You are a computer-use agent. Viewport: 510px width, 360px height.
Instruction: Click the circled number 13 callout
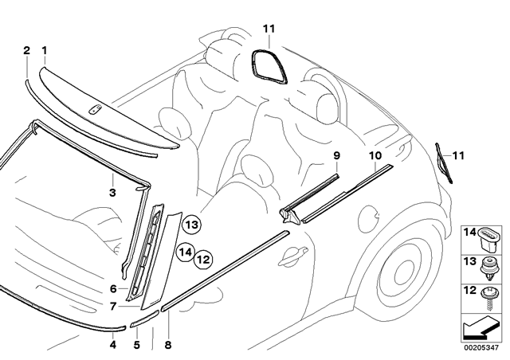(192, 225)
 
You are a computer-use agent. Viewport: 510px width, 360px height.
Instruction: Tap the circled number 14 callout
(186, 252)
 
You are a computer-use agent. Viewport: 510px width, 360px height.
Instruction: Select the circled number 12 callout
(203, 260)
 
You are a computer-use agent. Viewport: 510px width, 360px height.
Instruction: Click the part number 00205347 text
(481, 347)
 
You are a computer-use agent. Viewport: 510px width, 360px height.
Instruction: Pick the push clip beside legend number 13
(488, 268)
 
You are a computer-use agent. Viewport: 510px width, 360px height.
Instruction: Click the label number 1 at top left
(45, 50)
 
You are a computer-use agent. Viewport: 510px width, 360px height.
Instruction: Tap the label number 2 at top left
(26, 50)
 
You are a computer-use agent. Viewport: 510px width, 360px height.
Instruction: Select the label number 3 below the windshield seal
(112, 193)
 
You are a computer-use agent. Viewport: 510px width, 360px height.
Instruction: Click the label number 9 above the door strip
(336, 155)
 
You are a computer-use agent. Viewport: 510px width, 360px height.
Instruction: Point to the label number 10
(375, 155)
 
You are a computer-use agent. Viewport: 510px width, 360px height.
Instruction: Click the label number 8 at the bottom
(168, 345)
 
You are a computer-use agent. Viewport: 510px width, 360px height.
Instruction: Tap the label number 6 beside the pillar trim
(113, 288)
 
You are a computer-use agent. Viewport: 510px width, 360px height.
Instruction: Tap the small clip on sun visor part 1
(95, 110)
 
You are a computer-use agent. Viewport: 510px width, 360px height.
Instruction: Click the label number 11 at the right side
(458, 156)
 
